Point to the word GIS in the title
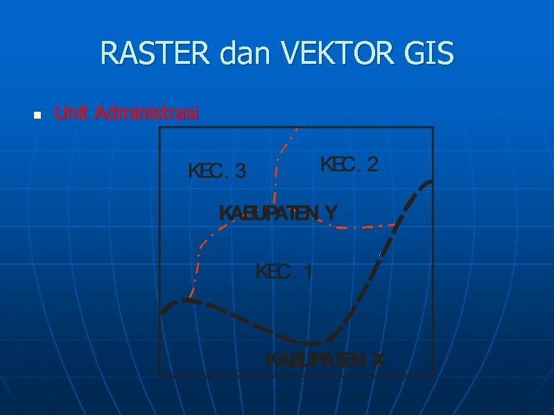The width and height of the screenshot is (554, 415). point(430,53)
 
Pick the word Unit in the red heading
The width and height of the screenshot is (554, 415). point(71,112)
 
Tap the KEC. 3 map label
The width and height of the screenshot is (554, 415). point(217,171)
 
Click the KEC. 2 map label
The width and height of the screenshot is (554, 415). point(349,164)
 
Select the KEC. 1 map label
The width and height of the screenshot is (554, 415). point(284,271)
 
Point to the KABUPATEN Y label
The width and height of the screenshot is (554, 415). point(278,213)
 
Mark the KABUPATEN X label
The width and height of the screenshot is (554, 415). point(324,360)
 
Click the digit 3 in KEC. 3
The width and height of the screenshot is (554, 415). point(240,171)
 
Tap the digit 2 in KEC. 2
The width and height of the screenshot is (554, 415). point(372,164)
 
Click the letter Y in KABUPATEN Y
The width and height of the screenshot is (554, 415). point(331,213)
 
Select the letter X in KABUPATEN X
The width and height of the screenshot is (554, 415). point(377,360)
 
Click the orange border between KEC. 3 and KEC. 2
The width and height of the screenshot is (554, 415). point(277,173)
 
